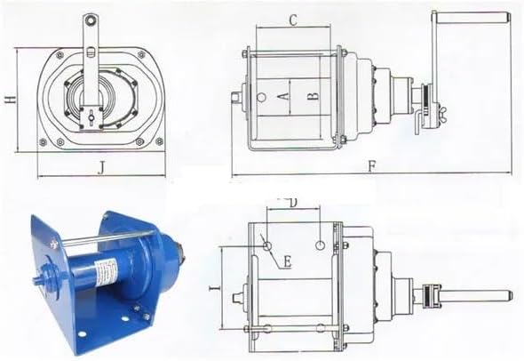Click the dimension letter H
(11, 100)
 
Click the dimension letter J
(101, 168)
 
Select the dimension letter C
(293, 20)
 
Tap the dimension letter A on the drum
(283, 97)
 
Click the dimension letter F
(372, 166)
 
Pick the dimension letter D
(293, 204)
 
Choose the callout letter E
(288, 261)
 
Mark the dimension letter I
(214, 288)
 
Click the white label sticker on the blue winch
(106, 271)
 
